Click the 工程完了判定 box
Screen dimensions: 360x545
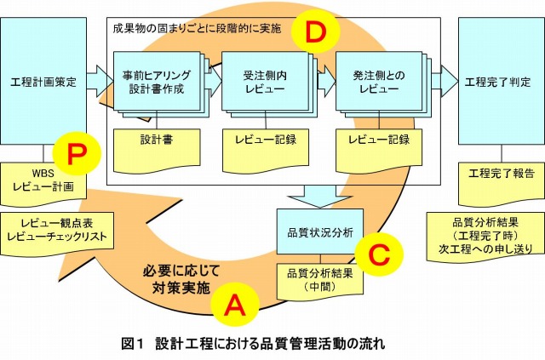pos(498,82)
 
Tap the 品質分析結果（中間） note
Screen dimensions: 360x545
pos(316,281)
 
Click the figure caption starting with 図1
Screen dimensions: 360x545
pos(255,344)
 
